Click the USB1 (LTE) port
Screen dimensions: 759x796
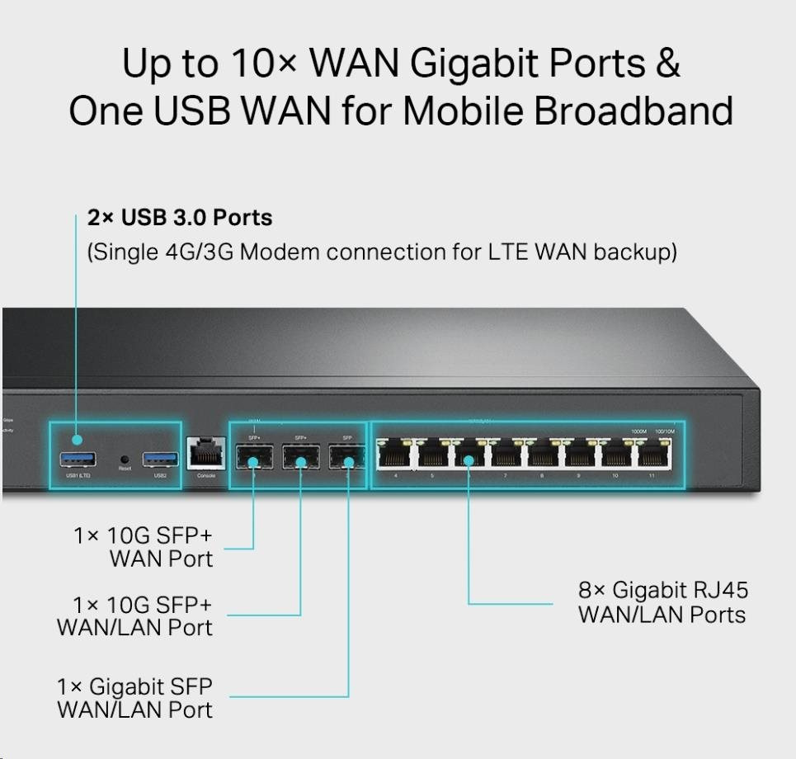pos(77,458)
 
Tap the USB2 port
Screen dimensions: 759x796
pos(160,458)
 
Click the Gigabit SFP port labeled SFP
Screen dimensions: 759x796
pos(346,456)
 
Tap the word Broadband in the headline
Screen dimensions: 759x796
pos(634,111)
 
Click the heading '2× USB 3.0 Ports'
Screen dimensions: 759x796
pos(180,218)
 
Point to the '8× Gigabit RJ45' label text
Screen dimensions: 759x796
pos(663,590)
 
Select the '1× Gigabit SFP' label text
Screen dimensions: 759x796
pos(134,686)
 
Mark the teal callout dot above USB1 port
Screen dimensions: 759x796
pos(77,440)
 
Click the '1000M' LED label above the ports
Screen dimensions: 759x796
pos(638,431)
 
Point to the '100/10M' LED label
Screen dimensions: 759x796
pos(664,431)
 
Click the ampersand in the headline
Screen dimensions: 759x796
pos(666,64)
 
